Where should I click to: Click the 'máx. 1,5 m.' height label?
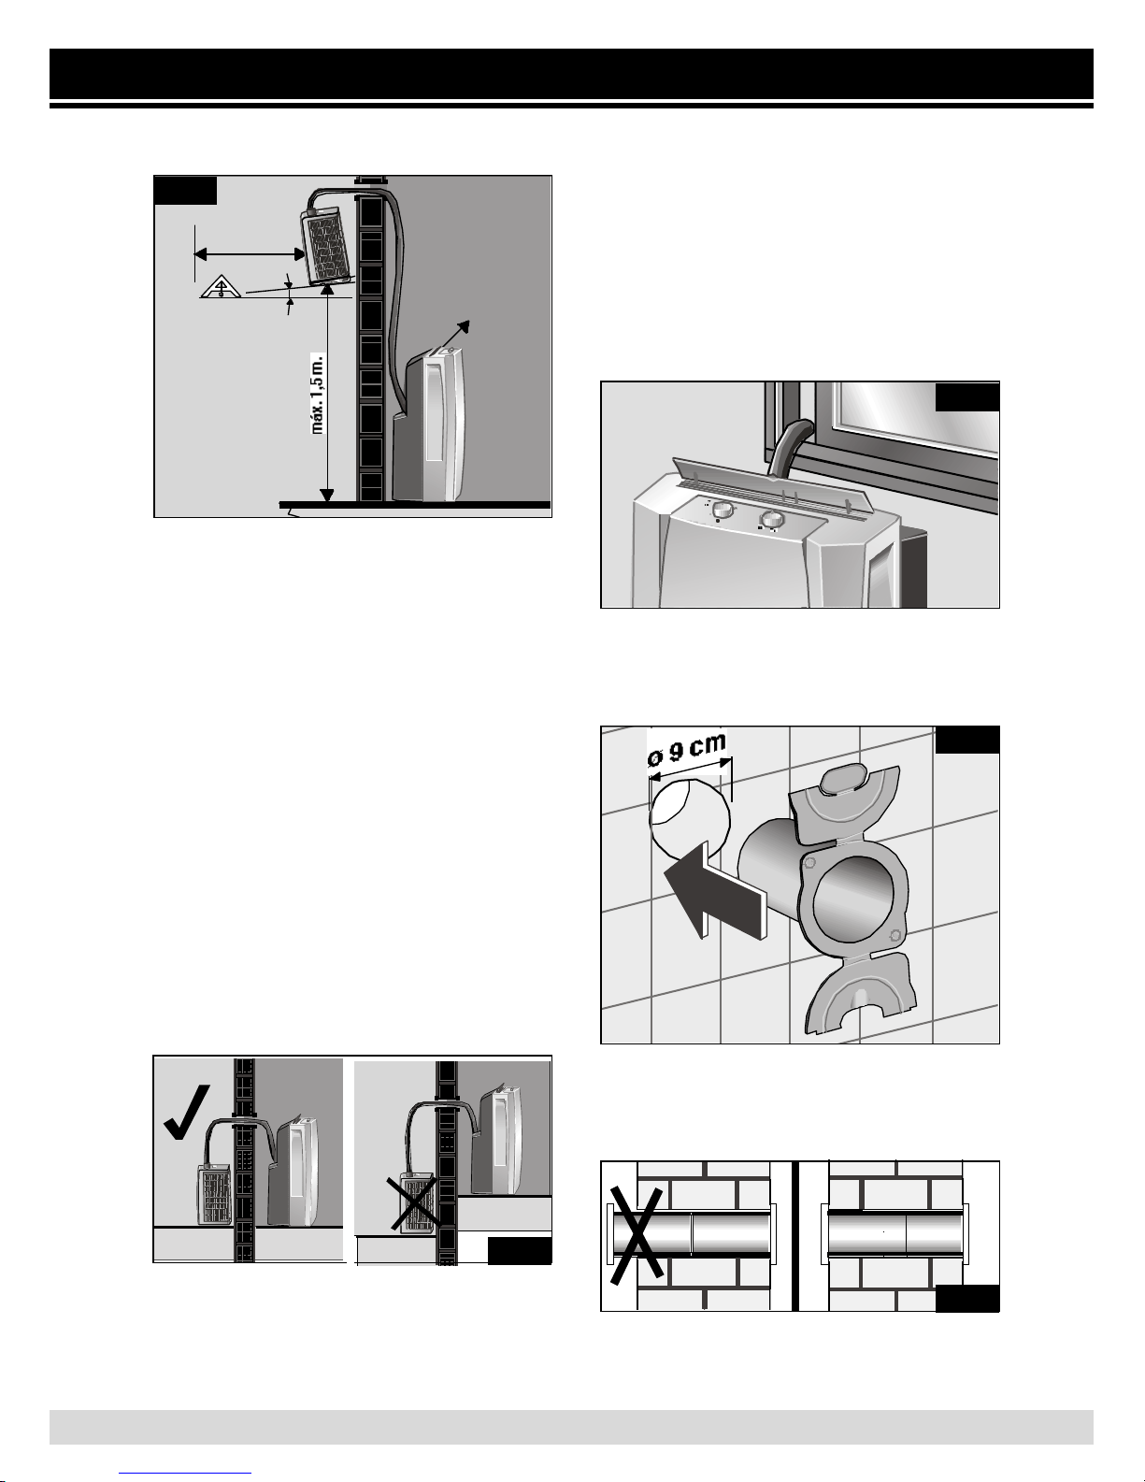click(319, 394)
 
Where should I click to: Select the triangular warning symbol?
click(221, 287)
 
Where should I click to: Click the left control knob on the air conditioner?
click(722, 510)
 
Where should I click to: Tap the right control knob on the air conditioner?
click(771, 520)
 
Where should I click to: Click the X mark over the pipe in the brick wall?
click(636, 1235)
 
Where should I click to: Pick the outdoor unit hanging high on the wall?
click(326, 246)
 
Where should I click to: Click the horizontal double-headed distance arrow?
click(250, 254)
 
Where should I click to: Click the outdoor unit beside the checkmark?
click(215, 1196)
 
